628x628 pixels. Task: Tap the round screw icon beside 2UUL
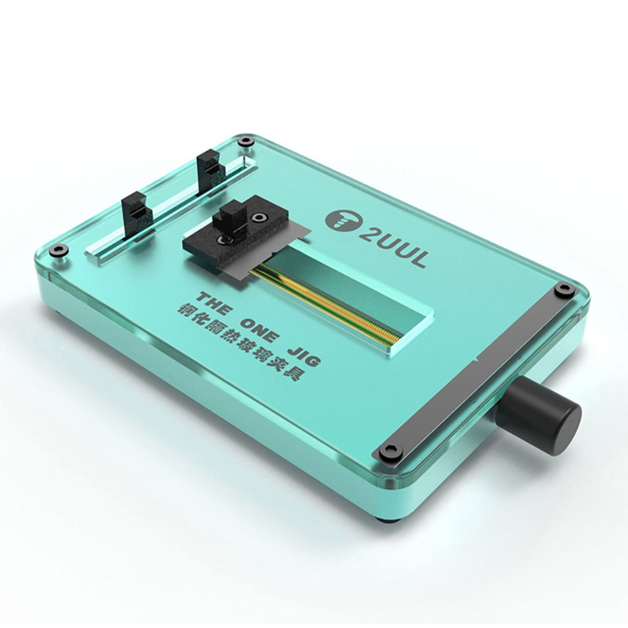[341, 223]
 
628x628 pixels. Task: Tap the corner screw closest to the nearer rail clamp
[57, 251]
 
